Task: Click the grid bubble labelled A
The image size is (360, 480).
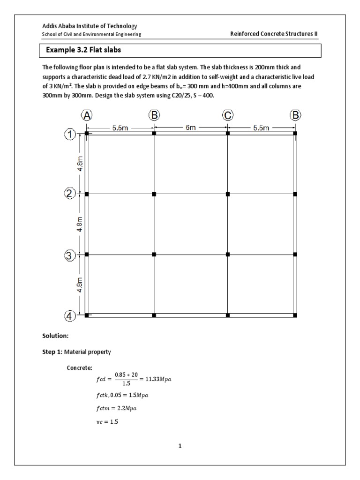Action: (x=87, y=115)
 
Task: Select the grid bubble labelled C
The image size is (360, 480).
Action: (x=228, y=115)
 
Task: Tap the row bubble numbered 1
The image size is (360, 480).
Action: (x=69, y=135)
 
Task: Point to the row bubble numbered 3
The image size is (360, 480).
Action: (x=69, y=255)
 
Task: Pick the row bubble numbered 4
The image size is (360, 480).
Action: (x=69, y=316)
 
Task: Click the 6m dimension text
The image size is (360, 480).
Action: (x=191, y=127)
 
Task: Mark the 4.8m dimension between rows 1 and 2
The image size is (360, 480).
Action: (x=81, y=164)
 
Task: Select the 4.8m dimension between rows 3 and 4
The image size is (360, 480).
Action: (x=81, y=285)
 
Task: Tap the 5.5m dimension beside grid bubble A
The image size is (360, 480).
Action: (x=120, y=128)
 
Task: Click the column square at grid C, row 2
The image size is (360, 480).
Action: (x=228, y=194)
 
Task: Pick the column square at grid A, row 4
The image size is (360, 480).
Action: (x=87, y=315)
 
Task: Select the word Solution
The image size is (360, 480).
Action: (x=55, y=336)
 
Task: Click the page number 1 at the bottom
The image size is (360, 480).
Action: (x=180, y=446)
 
